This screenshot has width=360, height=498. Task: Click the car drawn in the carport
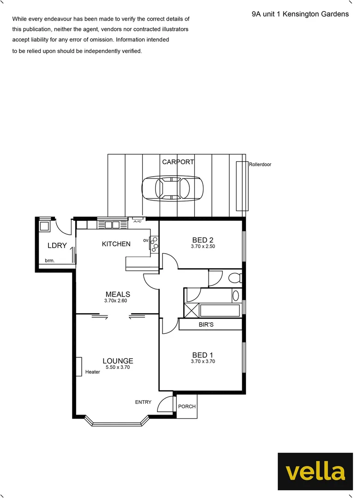tap(172, 188)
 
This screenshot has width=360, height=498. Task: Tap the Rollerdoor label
tap(260, 164)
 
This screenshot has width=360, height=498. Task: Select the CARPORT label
tap(178, 162)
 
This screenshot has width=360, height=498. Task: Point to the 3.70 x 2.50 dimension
tap(203, 247)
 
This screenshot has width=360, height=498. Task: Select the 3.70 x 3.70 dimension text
tap(203, 362)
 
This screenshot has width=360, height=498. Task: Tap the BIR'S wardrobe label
tap(206, 325)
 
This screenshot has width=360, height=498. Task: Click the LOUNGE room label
tap(118, 361)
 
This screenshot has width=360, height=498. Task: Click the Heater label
tap(92, 372)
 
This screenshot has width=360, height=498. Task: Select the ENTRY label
tap(143, 402)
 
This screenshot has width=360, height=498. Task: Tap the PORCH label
tap(187, 407)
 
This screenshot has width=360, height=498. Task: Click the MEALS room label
tap(118, 294)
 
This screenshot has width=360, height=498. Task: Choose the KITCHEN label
tap(116, 244)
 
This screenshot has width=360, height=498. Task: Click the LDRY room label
tap(57, 246)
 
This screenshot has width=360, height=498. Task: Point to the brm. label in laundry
tap(50, 261)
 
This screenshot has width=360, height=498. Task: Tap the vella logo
tap(315, 471)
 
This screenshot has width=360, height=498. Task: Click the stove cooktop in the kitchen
tap(154, 244)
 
